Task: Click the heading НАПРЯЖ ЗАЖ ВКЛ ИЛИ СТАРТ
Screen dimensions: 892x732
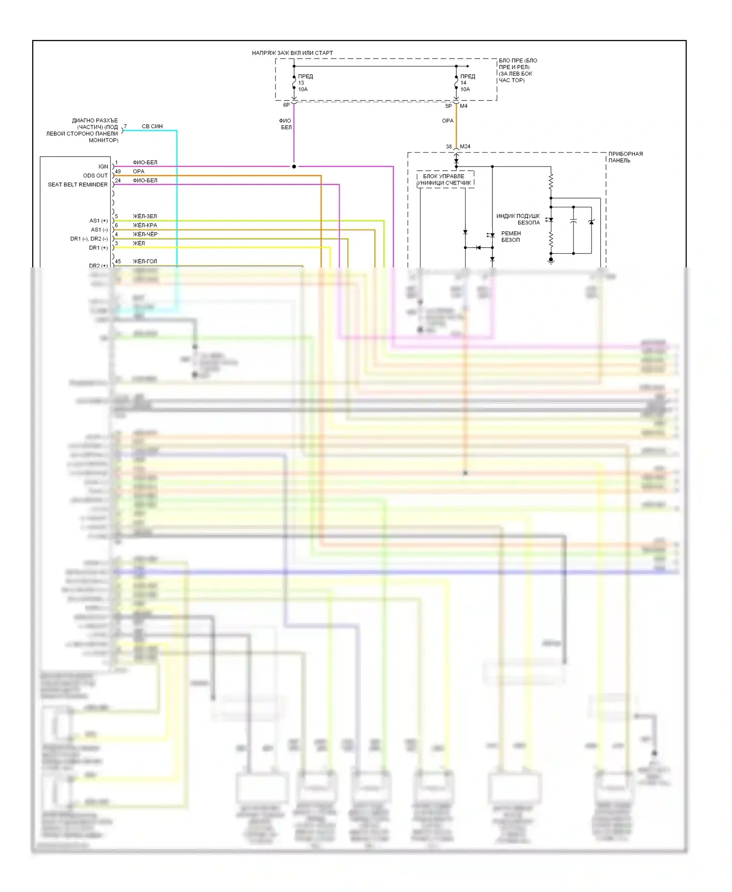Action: tap(292, 53)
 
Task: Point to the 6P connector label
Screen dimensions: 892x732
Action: tap(286, 105)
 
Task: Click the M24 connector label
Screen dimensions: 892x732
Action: tap(465, 146)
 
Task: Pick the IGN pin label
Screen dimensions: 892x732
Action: tap(103, 166)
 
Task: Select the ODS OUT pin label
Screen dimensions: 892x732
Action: tap(95, 176)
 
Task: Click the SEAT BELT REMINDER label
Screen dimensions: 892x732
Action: tap(78, 184)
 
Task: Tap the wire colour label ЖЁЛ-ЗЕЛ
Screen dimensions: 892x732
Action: tap(145, 216)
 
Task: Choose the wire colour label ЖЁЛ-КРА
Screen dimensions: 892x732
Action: tap(145, 225)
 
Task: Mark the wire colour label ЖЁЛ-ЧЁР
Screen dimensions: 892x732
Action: tap(145, 234)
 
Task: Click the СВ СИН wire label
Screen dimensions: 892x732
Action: tap(152, 126)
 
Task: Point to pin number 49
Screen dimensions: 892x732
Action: tap(118, 171)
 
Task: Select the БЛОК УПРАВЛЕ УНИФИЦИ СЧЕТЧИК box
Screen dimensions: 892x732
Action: tap(445, 180)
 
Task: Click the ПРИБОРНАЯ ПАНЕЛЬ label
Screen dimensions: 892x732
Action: tap(625, 157)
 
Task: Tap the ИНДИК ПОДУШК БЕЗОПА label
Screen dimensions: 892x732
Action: tap(518, 219)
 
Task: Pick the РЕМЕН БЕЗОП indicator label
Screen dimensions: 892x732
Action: tap(511, 237)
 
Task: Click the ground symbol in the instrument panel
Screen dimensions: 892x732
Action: tap(551, 261)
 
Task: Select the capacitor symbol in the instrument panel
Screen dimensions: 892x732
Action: tap(573, 222)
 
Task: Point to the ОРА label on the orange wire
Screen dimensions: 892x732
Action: tap(447, 121)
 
